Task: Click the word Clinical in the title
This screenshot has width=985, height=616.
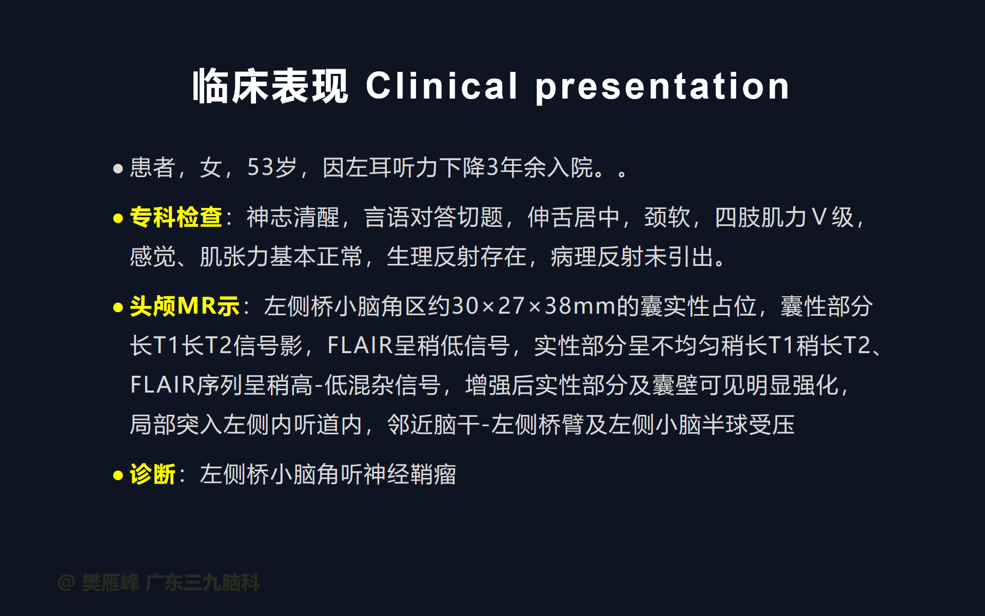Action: pyautogui.click(x=442, y=86)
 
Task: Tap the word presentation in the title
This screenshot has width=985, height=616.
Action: pyautogui.click(x=662, y=87)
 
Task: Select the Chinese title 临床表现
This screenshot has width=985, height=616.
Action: pyautogui.click(x=270, y=86)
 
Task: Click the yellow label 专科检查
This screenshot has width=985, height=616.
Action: pyautogui.click(x=176, y=217)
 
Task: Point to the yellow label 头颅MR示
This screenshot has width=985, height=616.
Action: pyautogui.click(x=185, y=306)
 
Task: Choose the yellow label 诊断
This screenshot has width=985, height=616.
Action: pyautogui.click(x=152, y=474)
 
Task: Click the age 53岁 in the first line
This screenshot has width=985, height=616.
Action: pyautogui.click(x=272, y=167)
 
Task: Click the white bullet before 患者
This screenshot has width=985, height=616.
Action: pyautogui.click(x=118, y=168)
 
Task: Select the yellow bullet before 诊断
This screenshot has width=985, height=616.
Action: pyautogui.click(x=118, y=475)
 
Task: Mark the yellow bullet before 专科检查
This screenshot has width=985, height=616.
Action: pyautogui.click(x=118, y=219)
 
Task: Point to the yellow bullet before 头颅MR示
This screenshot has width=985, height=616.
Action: pyautogui.click(x=118, y=308)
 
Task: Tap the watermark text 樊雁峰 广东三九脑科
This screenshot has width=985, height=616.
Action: pyautogui.click(x=171, y=583)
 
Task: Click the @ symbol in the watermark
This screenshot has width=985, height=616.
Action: pyautogui.click(x=67, y=583)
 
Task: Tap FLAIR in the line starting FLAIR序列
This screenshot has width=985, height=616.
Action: pyautogui.click(x=163, y=385)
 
